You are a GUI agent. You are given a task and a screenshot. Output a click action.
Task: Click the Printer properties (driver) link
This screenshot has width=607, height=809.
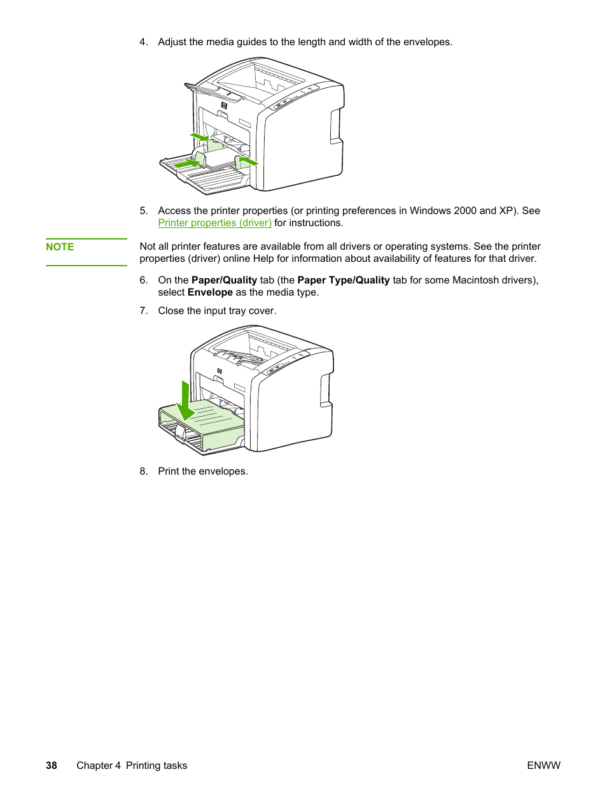click(x=214, y=223)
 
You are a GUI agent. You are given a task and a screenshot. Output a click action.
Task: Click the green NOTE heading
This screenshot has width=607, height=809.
click(x=60, y=247)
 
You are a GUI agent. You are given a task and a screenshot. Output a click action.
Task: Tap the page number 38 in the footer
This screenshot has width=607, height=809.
click(x=52, y=766)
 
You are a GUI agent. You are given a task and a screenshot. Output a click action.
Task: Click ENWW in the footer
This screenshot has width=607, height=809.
click(x=543, y=766)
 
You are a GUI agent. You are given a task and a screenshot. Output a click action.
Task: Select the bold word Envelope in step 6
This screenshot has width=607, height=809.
click(x=210, y=292)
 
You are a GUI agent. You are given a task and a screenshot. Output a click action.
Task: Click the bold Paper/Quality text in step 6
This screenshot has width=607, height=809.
click(x=224, y=280)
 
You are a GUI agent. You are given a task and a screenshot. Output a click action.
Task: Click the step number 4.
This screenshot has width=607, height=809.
click(x=143, y=42)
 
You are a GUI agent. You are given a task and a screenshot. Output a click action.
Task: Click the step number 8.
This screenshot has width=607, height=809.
click(x=143, y=471)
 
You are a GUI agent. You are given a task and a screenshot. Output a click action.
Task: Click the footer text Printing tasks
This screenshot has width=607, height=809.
click(x=157, y=766)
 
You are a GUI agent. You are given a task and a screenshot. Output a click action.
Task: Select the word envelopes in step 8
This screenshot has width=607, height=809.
click(x=223, y=471)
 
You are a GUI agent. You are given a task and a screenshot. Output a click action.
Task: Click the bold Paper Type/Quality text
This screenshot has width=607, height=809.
click(x=344, y=280)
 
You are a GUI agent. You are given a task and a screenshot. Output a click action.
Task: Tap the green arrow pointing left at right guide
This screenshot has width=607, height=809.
click(x=248, y=161)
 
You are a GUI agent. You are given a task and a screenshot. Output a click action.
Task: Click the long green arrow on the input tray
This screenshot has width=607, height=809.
click(x=186, y=164)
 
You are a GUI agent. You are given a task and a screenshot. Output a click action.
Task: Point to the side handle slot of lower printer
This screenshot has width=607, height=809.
click(x=325, y=390)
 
